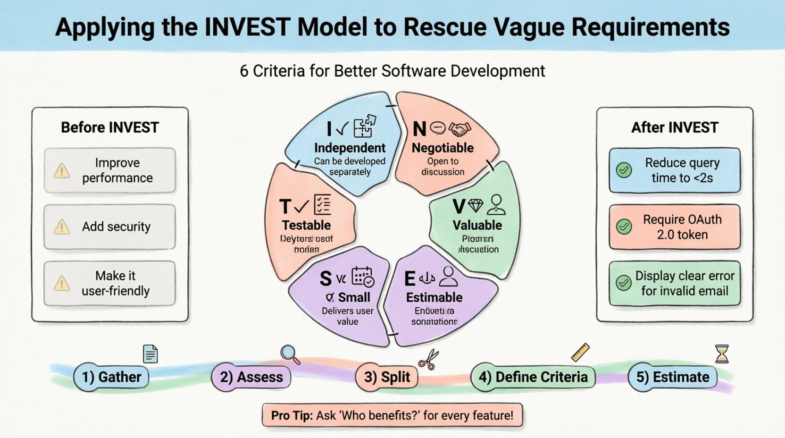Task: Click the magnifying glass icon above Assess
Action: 290,354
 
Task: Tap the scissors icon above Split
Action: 428,360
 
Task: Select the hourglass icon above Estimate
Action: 722,354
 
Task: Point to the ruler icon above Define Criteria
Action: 580,353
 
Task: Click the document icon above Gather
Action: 150,354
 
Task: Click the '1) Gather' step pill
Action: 111,377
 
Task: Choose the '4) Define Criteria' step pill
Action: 533,377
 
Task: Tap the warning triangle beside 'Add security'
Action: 62,227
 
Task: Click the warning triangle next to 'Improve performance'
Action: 62,170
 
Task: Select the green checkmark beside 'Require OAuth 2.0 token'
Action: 624,227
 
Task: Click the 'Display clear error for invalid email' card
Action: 675,283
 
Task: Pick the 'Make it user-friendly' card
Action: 109,283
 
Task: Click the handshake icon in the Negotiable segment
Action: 459,128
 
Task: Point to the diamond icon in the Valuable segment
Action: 476,205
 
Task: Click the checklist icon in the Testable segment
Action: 322,205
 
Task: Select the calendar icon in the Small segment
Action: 363,277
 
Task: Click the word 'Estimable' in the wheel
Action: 434,297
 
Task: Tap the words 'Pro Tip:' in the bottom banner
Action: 292,416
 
